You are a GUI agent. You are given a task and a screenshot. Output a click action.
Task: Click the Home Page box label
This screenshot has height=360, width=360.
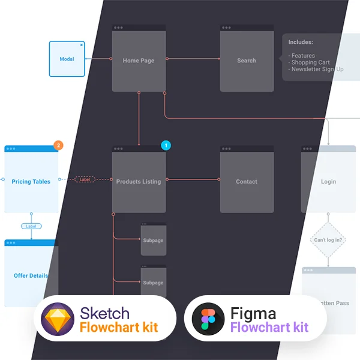[x=139, y=61]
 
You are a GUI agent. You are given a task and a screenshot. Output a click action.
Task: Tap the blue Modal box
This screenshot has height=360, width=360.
[x=67, y=59]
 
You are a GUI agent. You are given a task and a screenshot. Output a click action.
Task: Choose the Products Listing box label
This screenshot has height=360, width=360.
[x=139, y=182]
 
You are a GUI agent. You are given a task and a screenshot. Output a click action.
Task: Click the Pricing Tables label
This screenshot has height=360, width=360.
[x=31, y=182]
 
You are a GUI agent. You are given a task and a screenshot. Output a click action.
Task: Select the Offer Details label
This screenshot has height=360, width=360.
[x=31, y=276]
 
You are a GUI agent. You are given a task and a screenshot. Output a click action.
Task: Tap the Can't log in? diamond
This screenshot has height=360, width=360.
[x=328, y=240]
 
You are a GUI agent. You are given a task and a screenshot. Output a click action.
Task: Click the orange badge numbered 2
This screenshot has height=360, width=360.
[x=58, y=145]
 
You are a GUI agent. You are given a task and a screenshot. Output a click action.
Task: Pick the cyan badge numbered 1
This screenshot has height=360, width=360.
[x=166, y=145]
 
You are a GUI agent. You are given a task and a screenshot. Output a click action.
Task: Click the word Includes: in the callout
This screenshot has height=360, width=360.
[x=301, y=43]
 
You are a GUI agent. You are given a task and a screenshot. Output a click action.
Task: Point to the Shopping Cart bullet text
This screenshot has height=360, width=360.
[x=310, y=62]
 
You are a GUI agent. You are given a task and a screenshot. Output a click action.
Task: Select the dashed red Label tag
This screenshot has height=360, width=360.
[x=85, y=179]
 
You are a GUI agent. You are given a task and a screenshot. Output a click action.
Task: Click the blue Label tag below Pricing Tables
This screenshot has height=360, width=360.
[x=31, y=226]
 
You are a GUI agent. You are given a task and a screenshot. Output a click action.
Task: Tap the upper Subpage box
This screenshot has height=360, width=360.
[x=153, y=240]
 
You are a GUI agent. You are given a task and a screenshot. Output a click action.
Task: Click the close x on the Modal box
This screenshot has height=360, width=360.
[x=81, y=44]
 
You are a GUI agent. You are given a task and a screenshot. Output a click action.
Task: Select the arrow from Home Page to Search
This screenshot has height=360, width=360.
[x=193, y=59]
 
